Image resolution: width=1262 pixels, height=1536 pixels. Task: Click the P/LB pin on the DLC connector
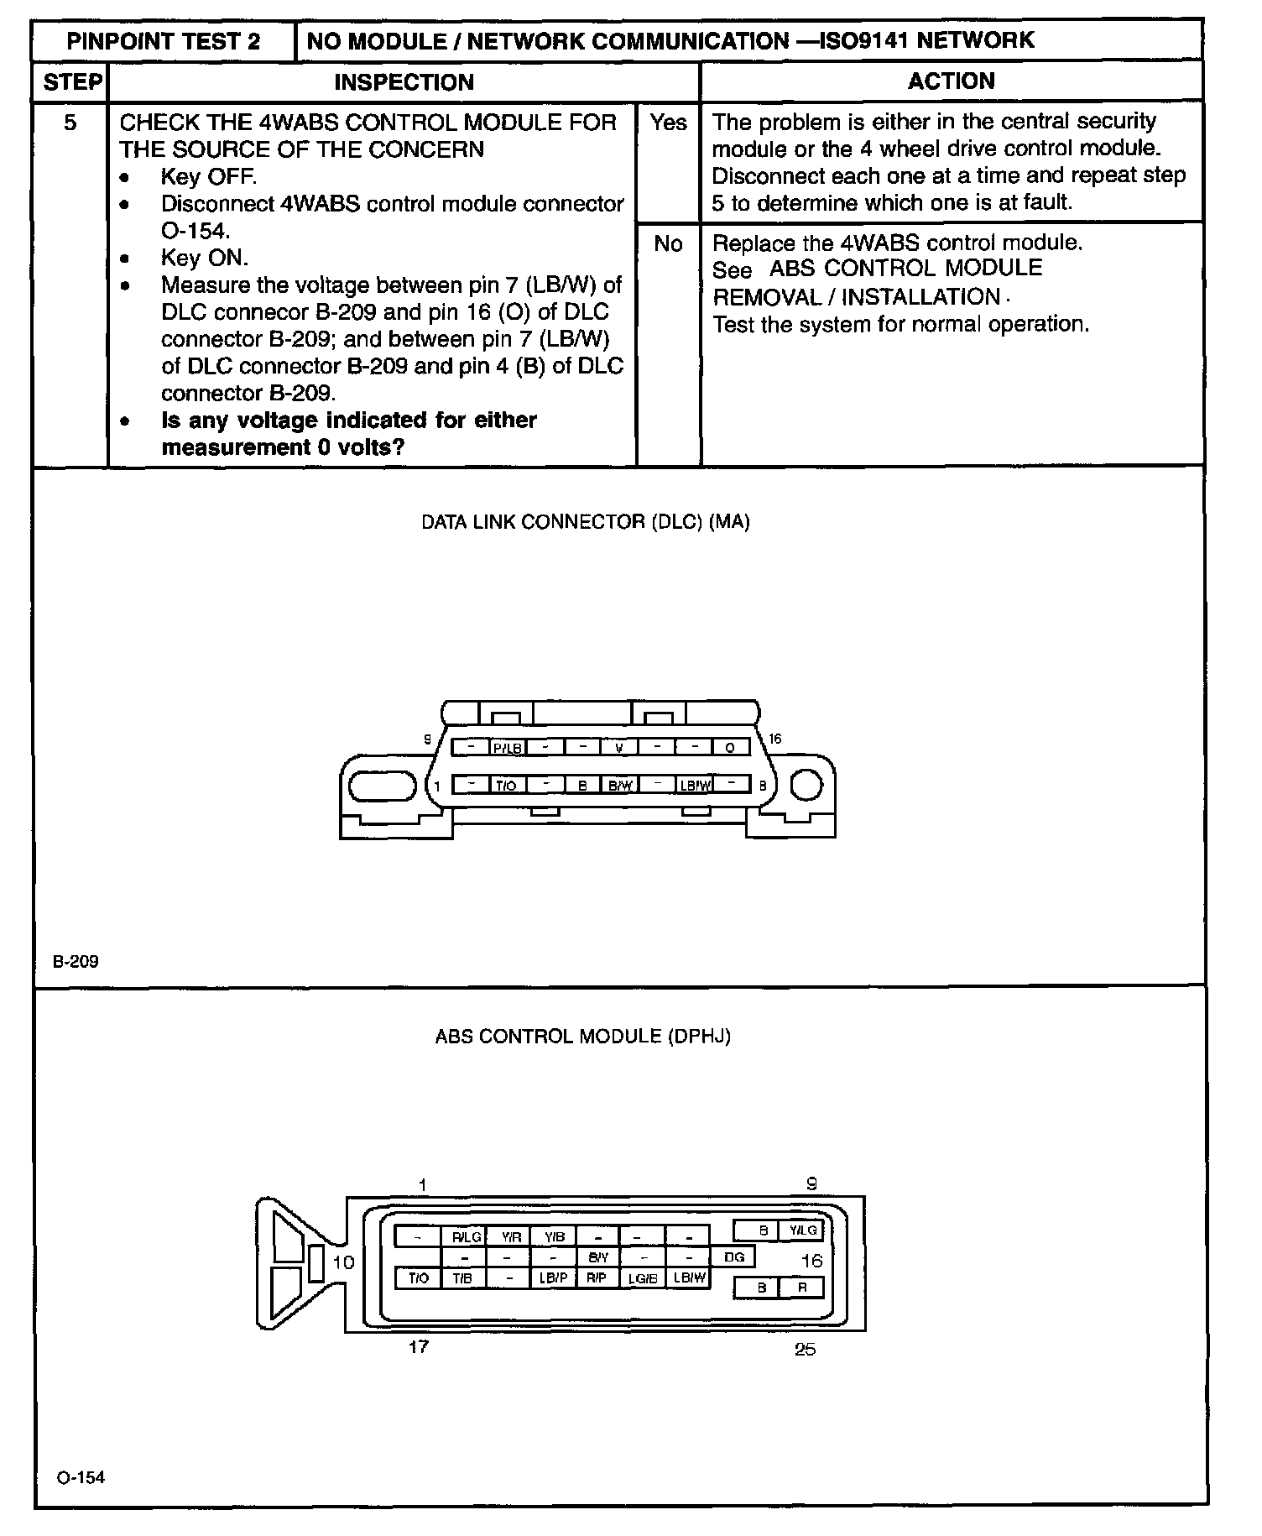[x=508, y=747]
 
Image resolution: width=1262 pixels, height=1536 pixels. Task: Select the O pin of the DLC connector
[x=730, y=747]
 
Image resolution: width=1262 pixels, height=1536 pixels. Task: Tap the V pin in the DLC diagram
[x=619, y=747]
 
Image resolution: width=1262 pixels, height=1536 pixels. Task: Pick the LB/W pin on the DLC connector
[x=696, y=785]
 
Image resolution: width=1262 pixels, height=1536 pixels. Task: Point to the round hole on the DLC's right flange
[x=806, y=786]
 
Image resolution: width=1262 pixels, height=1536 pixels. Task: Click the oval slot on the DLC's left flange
[x=382, y=787]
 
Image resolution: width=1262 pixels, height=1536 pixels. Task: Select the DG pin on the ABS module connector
[x=733, y=1256]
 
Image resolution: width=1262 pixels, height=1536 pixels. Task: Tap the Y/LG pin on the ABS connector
[x=802, y=1230]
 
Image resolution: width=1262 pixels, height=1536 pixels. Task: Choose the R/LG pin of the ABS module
[x=467, y=1236]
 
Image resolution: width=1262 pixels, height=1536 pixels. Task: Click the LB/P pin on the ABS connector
[x=553, y=1278]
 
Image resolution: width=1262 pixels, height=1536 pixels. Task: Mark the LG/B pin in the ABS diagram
[x=642, y=1278]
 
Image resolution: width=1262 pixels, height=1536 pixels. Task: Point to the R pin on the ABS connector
[x=802, y=1287]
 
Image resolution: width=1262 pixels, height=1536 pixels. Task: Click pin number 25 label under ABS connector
[x=805, y=1350]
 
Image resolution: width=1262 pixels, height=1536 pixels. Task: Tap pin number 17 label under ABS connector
[x=419, y=1347]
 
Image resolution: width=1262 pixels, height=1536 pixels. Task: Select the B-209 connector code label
[x=76, y=961]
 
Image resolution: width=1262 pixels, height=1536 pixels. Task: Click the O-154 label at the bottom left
[x=81, y=1477]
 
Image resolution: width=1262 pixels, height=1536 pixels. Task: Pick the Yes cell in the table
[x=668, y=123]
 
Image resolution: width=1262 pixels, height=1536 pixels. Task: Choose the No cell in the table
[x=668, y=243]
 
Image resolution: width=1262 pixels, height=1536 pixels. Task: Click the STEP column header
[x=72, y=82]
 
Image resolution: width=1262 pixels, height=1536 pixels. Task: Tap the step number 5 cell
[x=70, y=123]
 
